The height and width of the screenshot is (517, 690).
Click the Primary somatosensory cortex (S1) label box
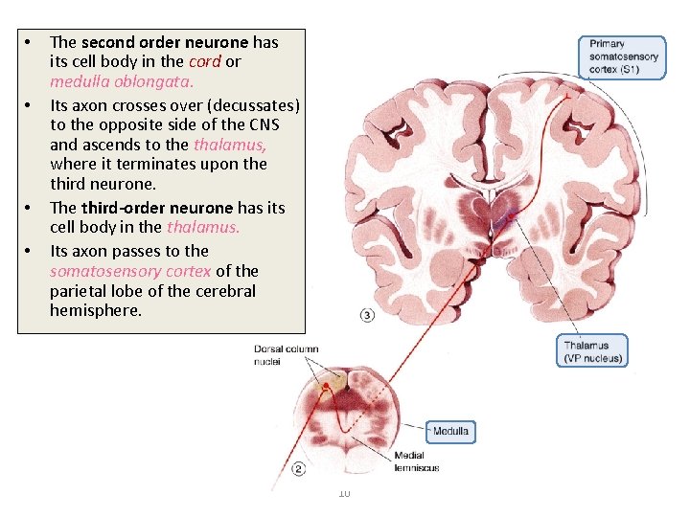point(624,56)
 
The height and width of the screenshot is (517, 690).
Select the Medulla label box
point(450,432)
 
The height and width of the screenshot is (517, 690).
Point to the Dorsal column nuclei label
point(286,354)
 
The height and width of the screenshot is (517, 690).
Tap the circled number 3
point(368,316)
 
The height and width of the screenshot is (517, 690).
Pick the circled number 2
point(299,469)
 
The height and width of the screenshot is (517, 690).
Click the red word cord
point(205,61)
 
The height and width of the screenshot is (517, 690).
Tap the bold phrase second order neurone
point(166,41)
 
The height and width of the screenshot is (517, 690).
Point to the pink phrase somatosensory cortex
point(130,271)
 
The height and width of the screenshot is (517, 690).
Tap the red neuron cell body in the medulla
point(327,387)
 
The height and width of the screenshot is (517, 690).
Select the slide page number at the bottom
point(345,493)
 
